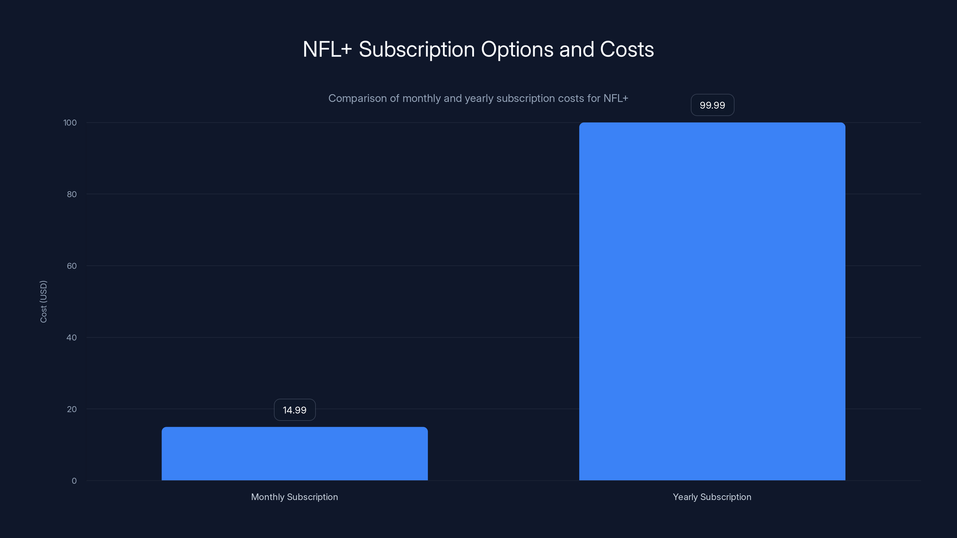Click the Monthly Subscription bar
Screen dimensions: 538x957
coord(295,453)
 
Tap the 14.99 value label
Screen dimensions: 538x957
coord(295,410)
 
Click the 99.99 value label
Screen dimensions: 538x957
coord(712,105)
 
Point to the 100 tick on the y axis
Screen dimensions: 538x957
coord(70,123)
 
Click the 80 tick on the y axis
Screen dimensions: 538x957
coord(72,194)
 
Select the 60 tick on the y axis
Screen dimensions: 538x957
coord(72,266)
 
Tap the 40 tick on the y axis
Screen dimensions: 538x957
coord(72,337)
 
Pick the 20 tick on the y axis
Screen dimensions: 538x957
coord(72,409)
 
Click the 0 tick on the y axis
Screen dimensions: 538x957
coord(74,481)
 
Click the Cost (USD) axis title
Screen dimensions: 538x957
coord(43,302)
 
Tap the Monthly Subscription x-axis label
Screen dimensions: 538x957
coord(295,497)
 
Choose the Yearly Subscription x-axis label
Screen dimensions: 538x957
coord(712,497)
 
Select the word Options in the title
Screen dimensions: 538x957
coord(517,49)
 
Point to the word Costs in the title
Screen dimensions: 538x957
coord(627,49)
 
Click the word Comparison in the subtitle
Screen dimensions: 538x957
coord(357,98)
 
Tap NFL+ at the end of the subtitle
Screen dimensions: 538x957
coord(615,98)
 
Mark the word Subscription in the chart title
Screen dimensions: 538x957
coord(417,49)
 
